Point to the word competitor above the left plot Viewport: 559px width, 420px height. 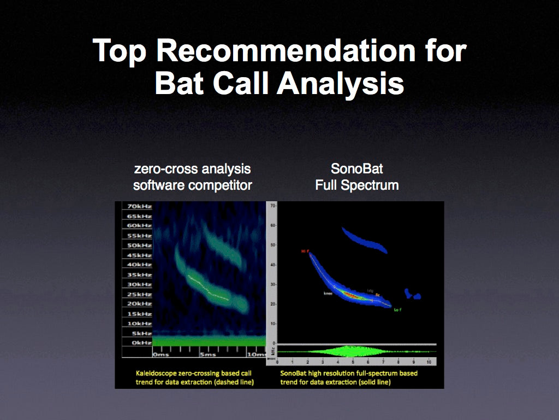click(x=220, y=185)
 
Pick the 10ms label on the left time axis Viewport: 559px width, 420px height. click(x=252, y=354)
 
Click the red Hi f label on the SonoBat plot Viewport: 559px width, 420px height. click(x=305, y=252)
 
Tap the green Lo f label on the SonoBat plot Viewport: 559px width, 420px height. click(x=398, y=310)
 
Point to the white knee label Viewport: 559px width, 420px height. click(x=328, y=293)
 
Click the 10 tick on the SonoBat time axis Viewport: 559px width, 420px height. click(x=430, y=363)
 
